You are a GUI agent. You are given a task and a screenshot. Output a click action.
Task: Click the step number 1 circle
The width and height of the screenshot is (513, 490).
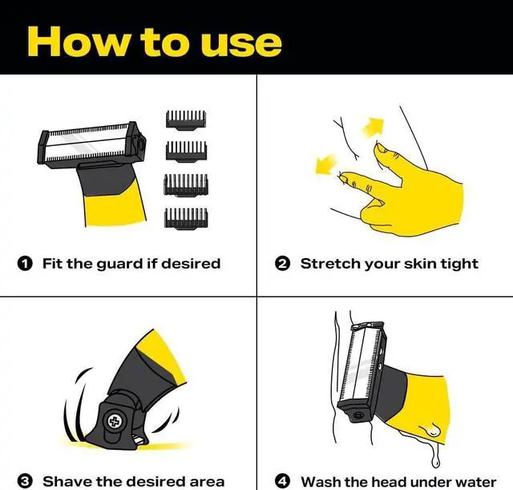coord(25,263)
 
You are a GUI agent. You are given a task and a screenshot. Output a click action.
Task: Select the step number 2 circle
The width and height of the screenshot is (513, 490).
coord(283,264)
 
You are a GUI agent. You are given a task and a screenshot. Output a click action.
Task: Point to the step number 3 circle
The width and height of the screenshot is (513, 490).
coord(25,481)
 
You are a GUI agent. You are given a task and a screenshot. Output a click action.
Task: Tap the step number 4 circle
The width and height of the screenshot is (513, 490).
coord(283,481)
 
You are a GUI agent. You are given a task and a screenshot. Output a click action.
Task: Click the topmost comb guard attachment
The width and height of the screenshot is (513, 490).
coord(186,120)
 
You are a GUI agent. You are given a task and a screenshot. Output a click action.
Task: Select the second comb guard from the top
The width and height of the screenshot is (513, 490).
coord(186,151)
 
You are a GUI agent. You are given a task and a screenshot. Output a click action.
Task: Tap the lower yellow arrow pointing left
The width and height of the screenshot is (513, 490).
coord(326,164)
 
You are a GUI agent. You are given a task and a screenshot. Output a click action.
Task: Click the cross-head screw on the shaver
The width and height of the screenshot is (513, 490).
coord(114,421)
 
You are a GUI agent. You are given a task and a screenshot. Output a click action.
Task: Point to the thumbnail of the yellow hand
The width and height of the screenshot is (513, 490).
coord(381,148)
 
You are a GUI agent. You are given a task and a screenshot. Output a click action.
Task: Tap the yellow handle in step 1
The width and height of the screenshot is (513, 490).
coord(115,209)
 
